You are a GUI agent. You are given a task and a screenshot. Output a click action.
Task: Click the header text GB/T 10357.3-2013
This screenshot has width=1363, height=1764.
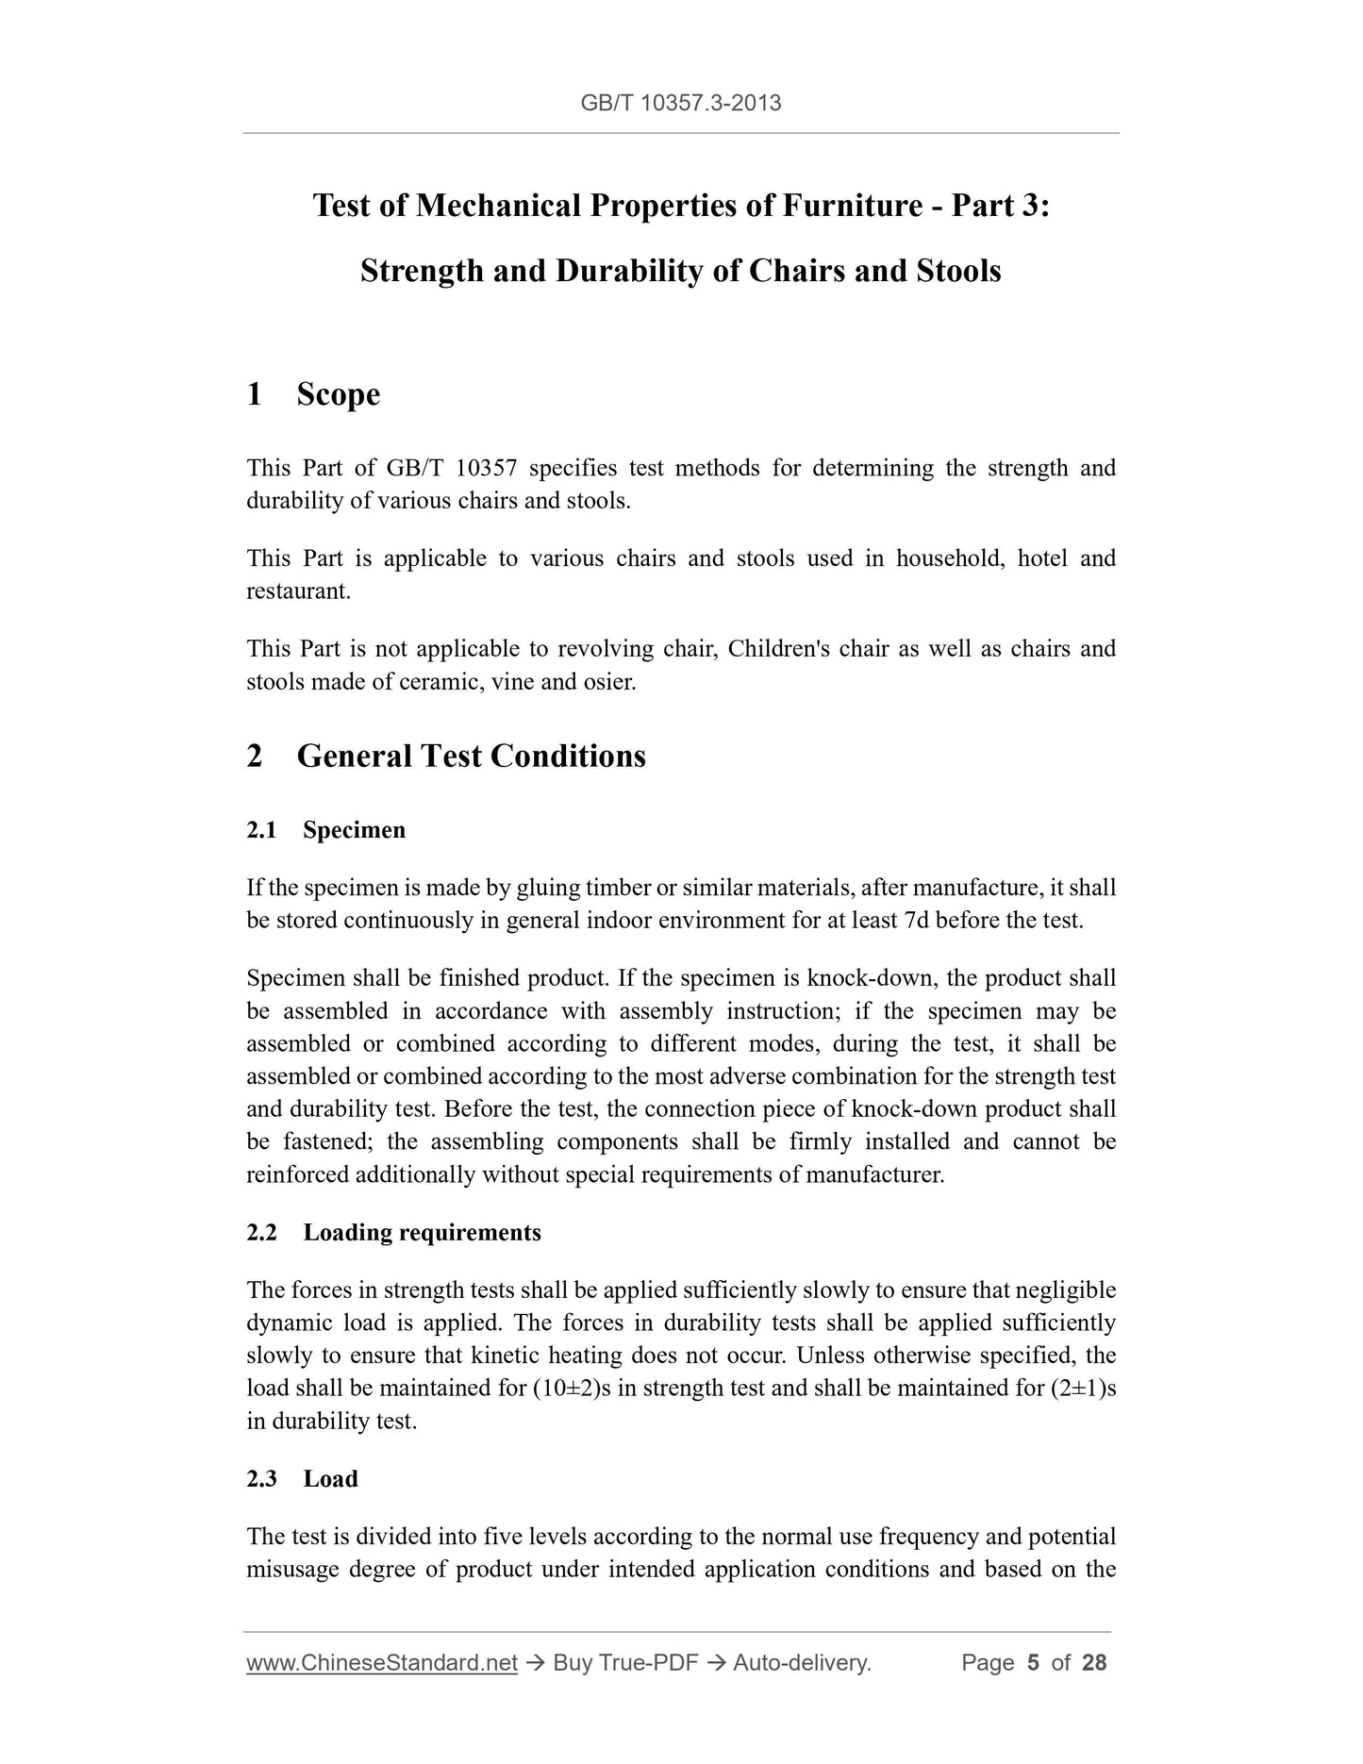point(680,103)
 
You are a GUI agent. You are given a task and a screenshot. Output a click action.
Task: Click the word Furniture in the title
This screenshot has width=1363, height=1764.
point(852,205)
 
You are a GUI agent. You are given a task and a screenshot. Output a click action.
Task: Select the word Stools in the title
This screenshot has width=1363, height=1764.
point(957,271)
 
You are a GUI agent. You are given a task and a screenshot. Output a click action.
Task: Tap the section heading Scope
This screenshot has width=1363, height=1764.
point(338,393)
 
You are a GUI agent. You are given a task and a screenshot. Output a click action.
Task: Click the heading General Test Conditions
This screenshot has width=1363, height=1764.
point(471,756)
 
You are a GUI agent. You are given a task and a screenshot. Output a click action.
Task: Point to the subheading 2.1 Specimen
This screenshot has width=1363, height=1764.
point(326,830)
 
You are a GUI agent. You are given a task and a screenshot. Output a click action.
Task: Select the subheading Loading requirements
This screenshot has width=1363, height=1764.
point(422,1232)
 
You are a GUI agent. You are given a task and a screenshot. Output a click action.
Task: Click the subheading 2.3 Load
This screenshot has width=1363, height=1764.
point(303,1478)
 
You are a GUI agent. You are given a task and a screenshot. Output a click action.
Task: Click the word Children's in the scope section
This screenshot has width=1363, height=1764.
point(778,649)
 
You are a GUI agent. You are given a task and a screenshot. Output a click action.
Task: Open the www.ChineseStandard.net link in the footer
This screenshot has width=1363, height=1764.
point(382,1663)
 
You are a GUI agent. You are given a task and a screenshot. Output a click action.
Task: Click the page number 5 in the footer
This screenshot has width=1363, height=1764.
point(1033,1663)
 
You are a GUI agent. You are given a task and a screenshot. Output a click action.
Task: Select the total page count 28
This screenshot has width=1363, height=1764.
point(1094,1663)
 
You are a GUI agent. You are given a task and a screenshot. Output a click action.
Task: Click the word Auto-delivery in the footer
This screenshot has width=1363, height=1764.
point(800,1663)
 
